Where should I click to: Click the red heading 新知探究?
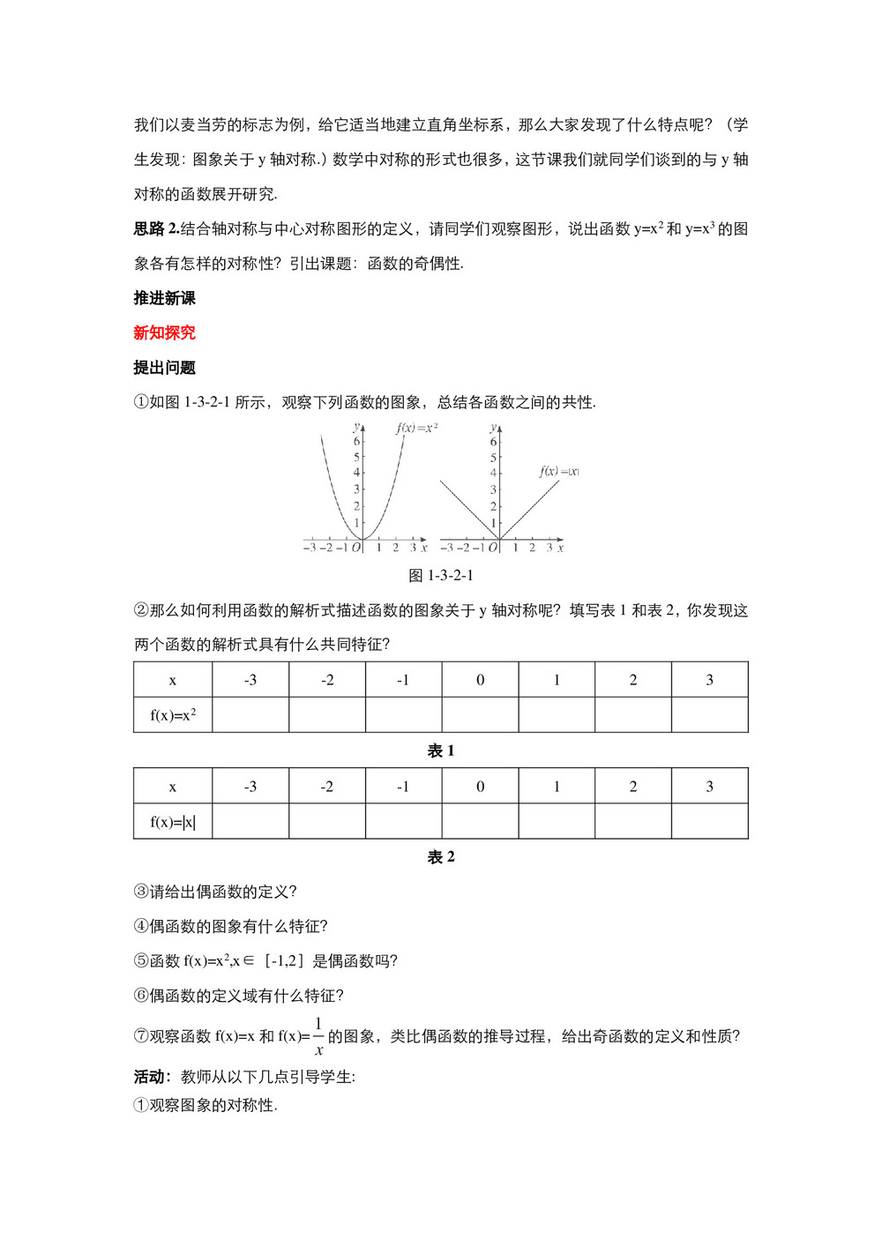164,332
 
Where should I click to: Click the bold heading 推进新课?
164,298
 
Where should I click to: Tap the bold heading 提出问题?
164,368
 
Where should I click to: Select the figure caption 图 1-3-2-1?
441,575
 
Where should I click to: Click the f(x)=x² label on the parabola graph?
417,428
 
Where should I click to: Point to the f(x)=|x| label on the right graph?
559,471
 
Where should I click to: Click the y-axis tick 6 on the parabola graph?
356,441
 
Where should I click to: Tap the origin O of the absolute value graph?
493,548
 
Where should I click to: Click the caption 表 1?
441,750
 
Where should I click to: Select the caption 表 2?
441,856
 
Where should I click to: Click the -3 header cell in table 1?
250,680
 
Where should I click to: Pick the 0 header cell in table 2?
480,786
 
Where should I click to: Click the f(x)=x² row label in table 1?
173,715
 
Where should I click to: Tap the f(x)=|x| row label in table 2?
173,822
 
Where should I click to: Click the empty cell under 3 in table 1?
709,715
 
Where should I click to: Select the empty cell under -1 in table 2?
403,822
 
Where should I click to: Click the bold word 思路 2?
156,228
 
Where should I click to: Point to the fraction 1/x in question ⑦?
318,1036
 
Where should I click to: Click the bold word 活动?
150,1076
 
